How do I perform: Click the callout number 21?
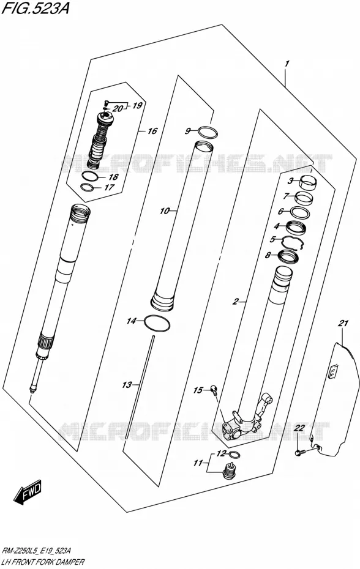click(x=343, y=323)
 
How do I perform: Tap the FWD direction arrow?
click(x=28, y=492)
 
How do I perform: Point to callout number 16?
click(x=152, y=131)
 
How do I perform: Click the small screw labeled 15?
click(x=215, y=390)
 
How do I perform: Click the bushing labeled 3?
click(x=307, y=182)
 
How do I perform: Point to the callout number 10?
click(x=165, y=210)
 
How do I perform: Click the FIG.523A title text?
click(x=36, y=8)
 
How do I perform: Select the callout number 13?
click(x=126, y=385)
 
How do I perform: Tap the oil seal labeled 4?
click(x=297, y=228)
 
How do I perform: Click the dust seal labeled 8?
click(x=288, y=256)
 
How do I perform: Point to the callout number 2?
click(x=236, y=301)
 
